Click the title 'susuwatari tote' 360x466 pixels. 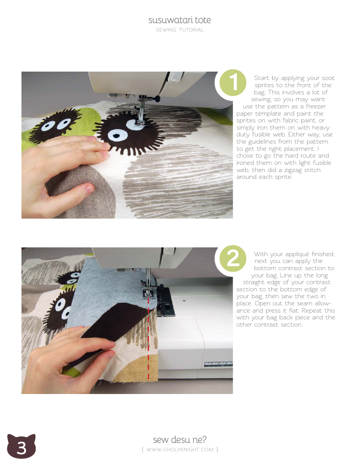click(x=180, y=20)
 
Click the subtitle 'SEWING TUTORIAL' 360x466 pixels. click(x=180, y=30)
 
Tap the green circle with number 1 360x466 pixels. click(x=233, y=83)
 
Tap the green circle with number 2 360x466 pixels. click(x=233, y=259)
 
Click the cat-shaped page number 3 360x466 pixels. click(x=21, y=447)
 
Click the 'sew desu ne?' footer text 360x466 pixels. click(x=180, y=439)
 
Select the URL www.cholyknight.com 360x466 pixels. click(x=180, y=450)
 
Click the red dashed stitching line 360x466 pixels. click(x=148, y=341)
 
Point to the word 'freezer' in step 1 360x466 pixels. click(x=315, y=106)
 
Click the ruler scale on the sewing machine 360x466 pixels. click(x=218, y=364)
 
